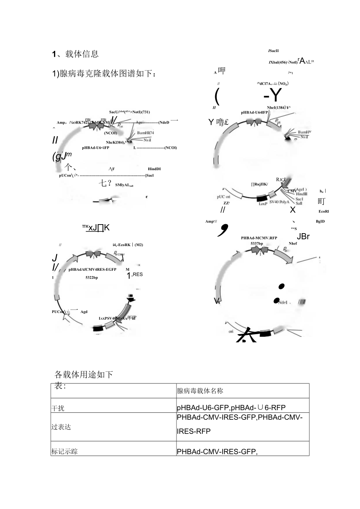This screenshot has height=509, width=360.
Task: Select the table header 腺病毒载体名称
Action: [x=200, y=390]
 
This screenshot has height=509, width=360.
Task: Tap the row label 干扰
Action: [x=58, y=408]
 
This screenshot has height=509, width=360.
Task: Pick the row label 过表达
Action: [x=60, y=427]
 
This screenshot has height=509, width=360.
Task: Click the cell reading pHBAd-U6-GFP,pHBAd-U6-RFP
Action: [x=234, y=408]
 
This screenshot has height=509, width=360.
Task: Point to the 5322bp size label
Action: [x=92, y=277]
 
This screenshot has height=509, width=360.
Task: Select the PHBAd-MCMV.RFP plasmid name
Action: [x=259, y=237]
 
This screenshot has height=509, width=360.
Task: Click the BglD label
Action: [x=320, y=221]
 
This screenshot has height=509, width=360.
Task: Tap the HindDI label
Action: [x=154, y=169]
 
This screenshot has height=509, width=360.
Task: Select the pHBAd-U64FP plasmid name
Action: [x=254, y=113]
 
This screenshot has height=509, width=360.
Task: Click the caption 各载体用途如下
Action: [x=83, y=374]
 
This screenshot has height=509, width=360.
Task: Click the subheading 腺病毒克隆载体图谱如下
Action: [x=108, y=74]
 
